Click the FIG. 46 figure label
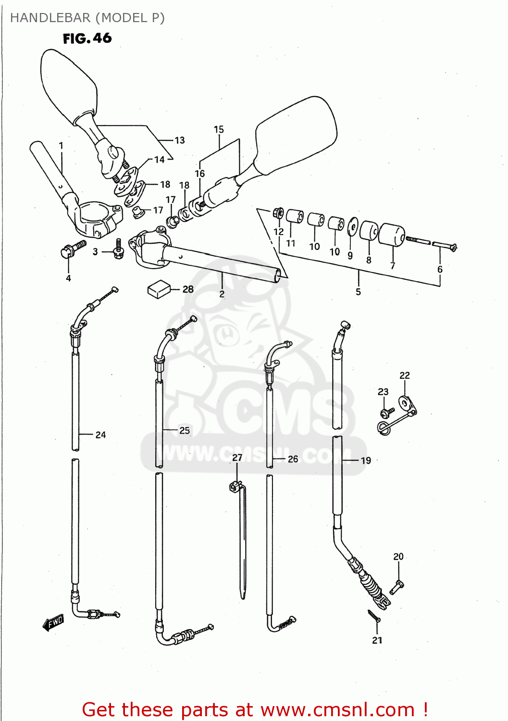pyautogui.click(x=87, y=38)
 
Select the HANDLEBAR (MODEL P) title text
pyautogui.click(x=87, y=18)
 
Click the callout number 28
pyautogui.click(x=188, y=289)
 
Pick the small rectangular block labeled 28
pyautogui.click(x=159, y=289)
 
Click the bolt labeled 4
pyautogui.click(x=71, y=249)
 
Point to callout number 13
pyautogui.click(x=179, y=140)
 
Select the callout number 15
pyautogui.click(x=219, y=129)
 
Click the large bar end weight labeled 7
pyautogui.click(x=392, y=235)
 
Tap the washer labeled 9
pyautogui.click(x=352, y=226)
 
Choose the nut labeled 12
pyautogui.click(x=278, y=212)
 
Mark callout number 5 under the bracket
pyautogui.click(x=358, y=292)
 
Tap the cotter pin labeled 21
pyautogui.click(x=374, y=616)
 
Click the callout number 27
pyautogui.click(x=237, y=458)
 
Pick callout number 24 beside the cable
pyautogui.click(x=100, y=435)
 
